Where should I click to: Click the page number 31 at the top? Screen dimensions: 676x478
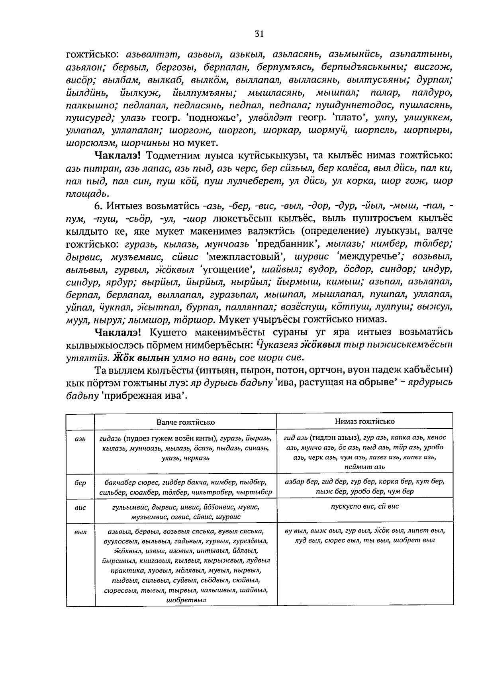click(x=259, y=34)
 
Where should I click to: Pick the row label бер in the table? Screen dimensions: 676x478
click(x=80, y=483)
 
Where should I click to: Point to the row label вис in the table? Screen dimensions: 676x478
click(x=80, y=507)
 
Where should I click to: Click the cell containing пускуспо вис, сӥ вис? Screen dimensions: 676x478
click(x=364, y=506)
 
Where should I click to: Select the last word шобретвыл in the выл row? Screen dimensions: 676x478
click(x=185, y=600)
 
